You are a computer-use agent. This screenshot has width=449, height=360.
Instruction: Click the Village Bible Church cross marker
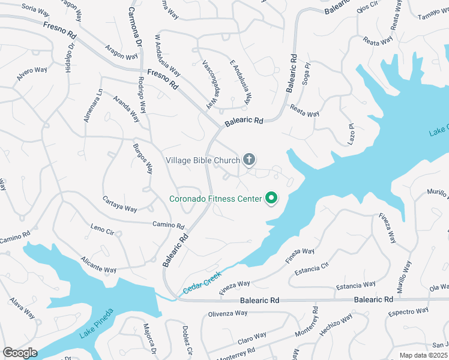coord(249,160)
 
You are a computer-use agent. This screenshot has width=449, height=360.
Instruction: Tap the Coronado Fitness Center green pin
coord(271,197)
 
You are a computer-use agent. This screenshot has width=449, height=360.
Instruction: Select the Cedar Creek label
coord(202,283)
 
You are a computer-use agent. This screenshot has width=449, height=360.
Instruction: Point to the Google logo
coord(20,353)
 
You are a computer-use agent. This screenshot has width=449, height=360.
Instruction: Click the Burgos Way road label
coord(142,158)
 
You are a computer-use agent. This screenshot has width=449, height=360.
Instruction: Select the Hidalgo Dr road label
coord(70,58)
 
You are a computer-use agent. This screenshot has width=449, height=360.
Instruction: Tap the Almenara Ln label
coord(92,106)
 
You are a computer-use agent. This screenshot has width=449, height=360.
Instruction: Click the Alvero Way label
coord(32,74)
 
